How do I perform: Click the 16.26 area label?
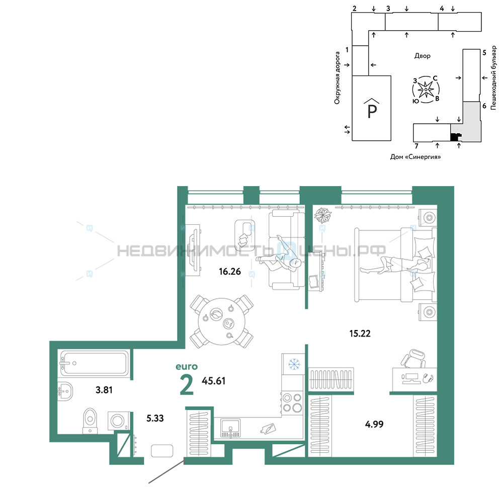230,272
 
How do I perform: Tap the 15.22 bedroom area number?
360,333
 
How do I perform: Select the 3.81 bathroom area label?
104,390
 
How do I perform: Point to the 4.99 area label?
374,424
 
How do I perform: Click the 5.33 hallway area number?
155,418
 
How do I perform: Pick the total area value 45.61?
213,381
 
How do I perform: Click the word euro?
187,366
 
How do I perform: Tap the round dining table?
222,322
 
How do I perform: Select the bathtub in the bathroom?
95,363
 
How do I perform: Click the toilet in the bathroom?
90,421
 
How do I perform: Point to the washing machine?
118,421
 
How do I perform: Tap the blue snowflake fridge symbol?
294,364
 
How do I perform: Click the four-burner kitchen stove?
292,403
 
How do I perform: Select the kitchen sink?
230,428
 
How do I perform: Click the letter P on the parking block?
372,111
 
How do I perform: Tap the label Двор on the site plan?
422,56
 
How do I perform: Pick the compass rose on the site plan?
426,90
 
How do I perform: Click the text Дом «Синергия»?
415,157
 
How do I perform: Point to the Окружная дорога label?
337,78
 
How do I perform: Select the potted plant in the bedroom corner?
322,216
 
